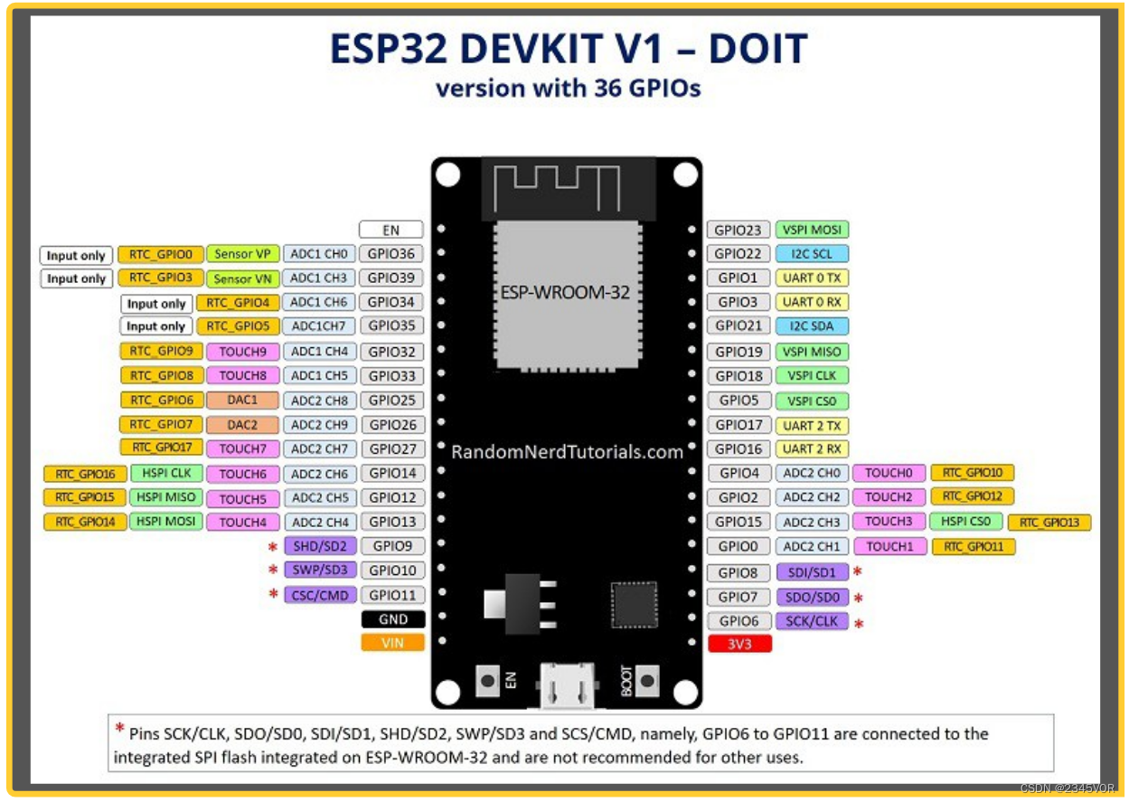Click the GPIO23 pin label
pyautogui.click(x=738, y=230)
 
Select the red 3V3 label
pyautogui.click(x=739, y=644)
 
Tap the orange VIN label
pyautogui.click(x=392, y=643)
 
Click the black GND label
pyautogui.click(x=392, y=619)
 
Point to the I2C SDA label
pyautogui.click(x=812, y=326)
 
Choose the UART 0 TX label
pyautogui.click(x=812, y=278)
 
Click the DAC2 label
pyautogui.click(x=242, y=424)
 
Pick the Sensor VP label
pyautogui.click(x=242, y=254)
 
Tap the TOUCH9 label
pyautogui.click(x=242, y=351)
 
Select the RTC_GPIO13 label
pyautogui.click(x=1049, y=523)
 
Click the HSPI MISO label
pyautogui.click(x=166, y=497)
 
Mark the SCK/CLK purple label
pyautogui.click(x=812, y=621)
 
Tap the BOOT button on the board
pyautogui.click(x=647, y=681)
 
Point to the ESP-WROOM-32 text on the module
pyautogui.click(x=565, y=293)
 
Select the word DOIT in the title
pyautogui.click(x=757, y=49)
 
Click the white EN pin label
pyautogui.click(x=391, y=230)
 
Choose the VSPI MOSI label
pyautogui.click(x=812, y=231)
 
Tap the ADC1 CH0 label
pyautogui.click(x=319, y=254)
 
